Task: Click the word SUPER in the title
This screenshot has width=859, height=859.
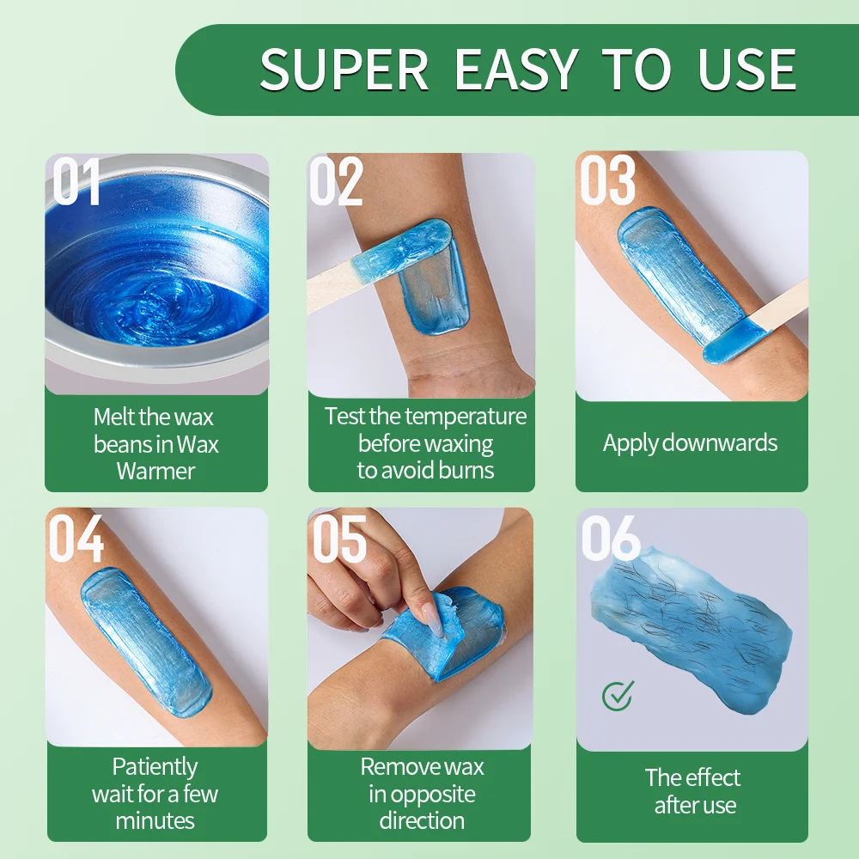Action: [344, 70]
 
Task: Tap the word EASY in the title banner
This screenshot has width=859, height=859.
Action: [516, 70]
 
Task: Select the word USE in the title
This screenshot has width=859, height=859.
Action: [747, 70]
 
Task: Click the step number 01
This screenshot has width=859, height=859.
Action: [76, 182]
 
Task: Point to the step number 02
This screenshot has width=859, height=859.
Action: [336, 182]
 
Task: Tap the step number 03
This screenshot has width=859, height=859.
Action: [607, 182]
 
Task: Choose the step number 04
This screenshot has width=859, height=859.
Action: [76, 539]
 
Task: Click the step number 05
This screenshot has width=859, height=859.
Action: [339, 539]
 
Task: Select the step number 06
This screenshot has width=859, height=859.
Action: [610, 539]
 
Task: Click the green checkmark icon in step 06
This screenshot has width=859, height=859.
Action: [617, 695]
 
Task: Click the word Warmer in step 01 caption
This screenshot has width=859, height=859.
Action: [155, 471]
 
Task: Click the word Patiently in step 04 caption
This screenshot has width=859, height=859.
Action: [155, 766]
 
